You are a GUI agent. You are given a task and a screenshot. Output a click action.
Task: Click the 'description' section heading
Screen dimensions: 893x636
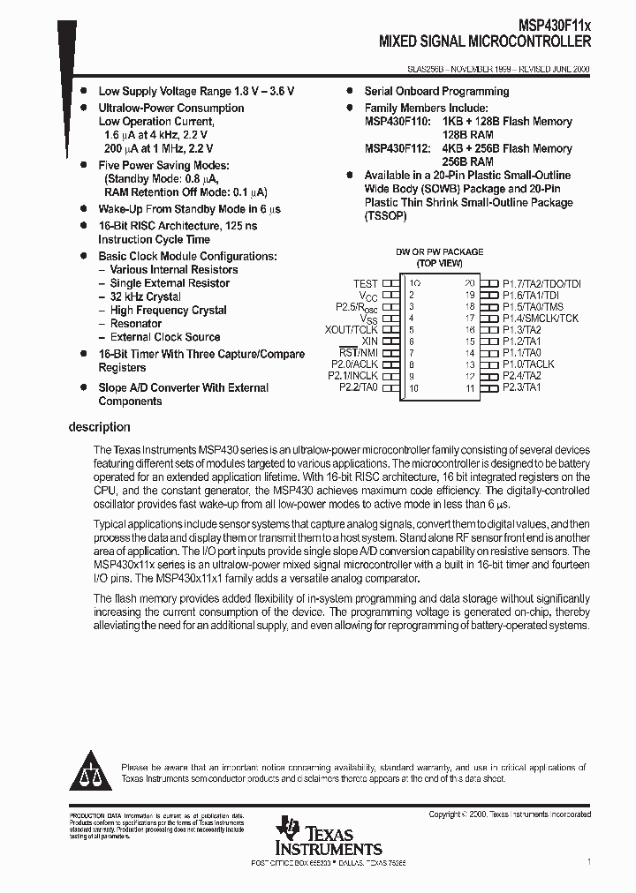click(x=99, y=427)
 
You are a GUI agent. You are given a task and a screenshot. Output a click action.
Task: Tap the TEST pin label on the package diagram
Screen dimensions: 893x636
click(x=365, y=284)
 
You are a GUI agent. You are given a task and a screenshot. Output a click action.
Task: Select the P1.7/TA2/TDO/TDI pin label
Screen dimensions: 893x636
click(x=541, y=284)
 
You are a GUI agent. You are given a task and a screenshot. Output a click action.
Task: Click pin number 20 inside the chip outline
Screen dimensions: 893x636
click(x=469, y=284)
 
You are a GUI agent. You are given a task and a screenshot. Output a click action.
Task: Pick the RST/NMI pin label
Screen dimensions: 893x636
click(x=359, y=352)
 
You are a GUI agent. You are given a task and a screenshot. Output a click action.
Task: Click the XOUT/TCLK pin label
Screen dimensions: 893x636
click(x=352, y=329)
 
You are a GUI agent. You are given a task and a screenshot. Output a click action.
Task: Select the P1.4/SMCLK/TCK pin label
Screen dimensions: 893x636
click(x=541, y=318)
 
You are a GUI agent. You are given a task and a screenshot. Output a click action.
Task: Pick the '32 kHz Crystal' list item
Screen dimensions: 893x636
click(x=145, y=296)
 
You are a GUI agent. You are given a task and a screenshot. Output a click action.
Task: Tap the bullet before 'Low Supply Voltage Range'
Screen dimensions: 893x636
click(x=84, y=91)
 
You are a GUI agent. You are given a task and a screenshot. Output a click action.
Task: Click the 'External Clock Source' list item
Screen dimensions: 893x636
click(x=164, y=337)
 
